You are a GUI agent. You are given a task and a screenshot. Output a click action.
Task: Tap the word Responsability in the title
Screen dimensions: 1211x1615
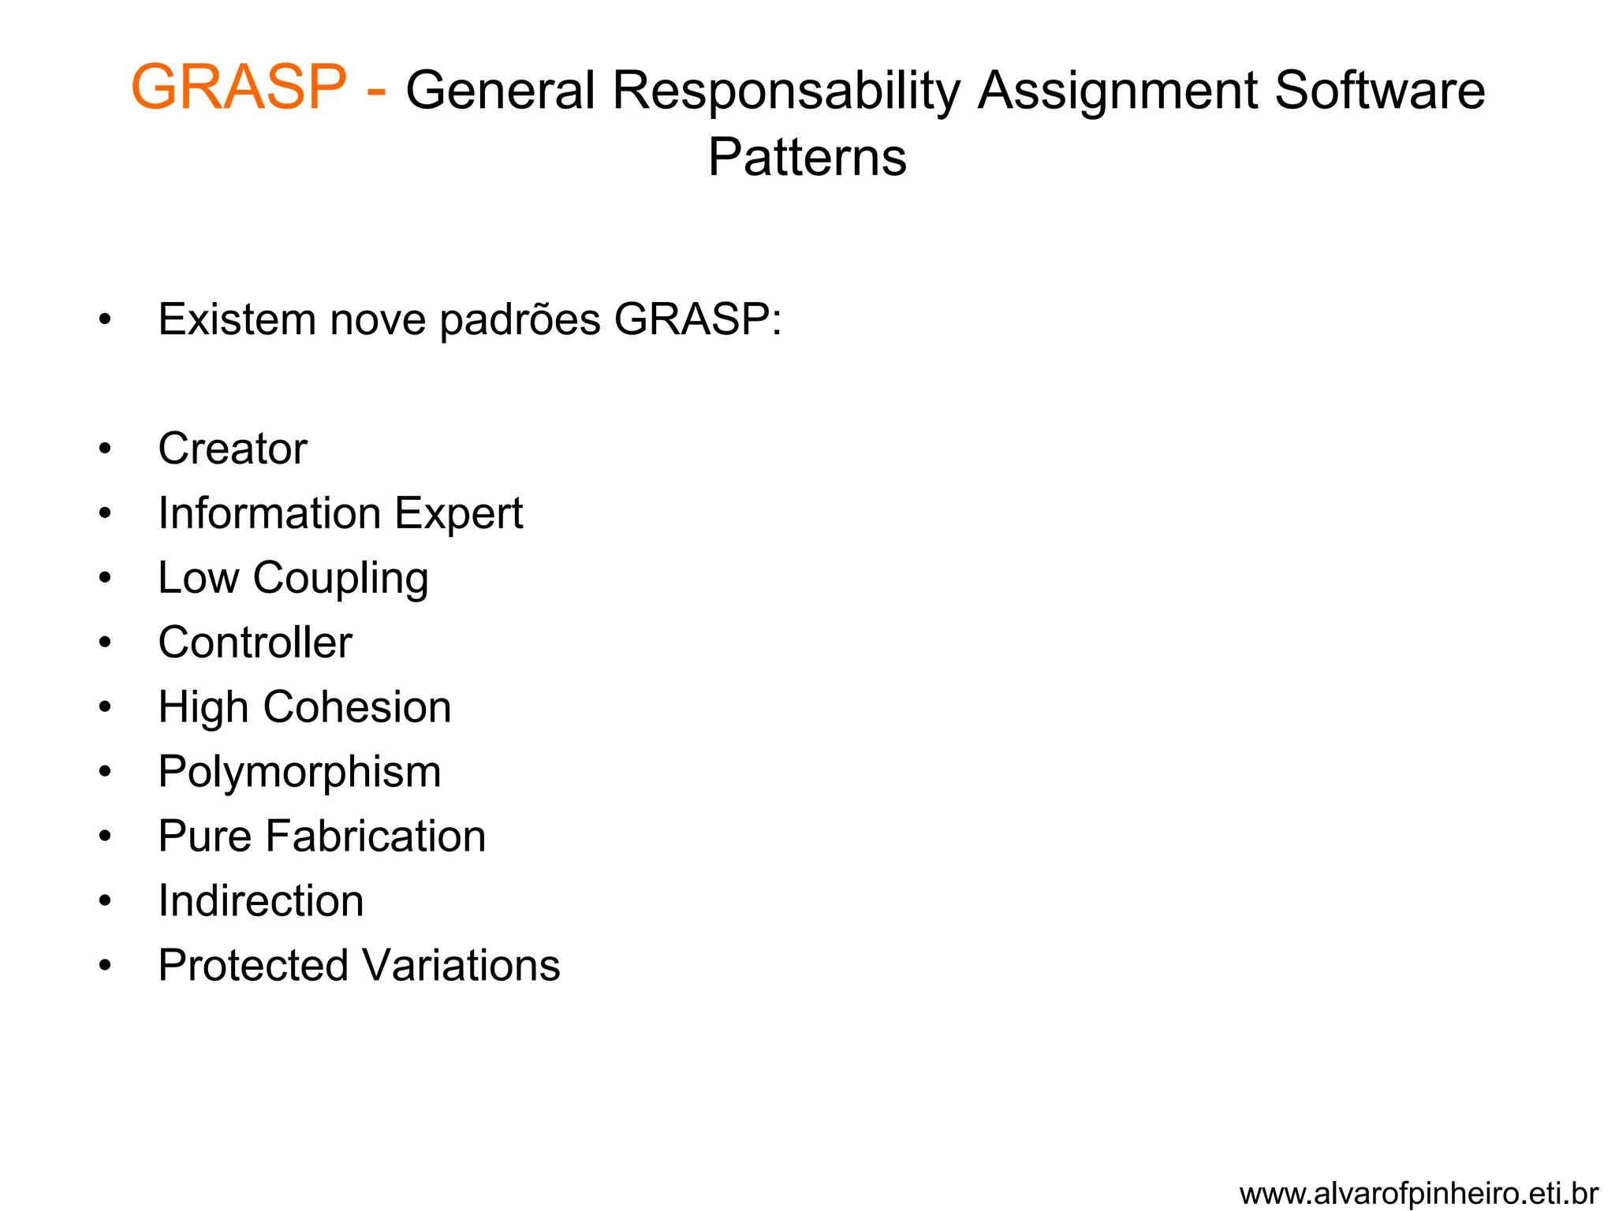[786, 91]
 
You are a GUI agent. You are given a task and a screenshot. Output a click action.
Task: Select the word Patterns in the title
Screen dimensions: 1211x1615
[807, 157]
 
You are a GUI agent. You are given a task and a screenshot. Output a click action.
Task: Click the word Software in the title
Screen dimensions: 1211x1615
[1379, 90]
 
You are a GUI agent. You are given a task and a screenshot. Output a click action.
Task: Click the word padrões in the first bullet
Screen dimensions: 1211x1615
[520, 320]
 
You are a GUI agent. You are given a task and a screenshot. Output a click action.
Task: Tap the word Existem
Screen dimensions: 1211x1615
[237, 319]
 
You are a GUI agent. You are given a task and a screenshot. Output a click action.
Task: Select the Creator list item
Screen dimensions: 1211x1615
[232, 449]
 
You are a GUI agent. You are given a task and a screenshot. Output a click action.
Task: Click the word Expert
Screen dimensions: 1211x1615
[458, 514]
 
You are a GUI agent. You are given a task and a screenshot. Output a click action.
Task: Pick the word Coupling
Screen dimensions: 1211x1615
[341, 579]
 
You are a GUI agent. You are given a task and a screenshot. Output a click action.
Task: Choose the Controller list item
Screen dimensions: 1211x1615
[255, 642]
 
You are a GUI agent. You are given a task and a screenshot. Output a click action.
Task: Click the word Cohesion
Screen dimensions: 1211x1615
[357, 706]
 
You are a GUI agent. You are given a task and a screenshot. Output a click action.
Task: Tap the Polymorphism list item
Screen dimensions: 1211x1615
[299, 772]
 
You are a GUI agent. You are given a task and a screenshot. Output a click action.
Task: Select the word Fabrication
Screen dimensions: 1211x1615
[375, 836]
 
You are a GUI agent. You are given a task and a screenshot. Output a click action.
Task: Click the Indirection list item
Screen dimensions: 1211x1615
[260, 900]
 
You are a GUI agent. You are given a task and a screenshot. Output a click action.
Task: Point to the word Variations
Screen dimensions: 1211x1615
[461, 965]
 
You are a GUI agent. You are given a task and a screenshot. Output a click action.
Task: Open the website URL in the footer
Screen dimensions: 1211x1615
[1418, 1193]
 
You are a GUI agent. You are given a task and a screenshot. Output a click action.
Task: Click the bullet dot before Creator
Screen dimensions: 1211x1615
[105, 449]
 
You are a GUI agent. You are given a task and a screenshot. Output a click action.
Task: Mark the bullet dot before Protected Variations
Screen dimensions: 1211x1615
[105, 966]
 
